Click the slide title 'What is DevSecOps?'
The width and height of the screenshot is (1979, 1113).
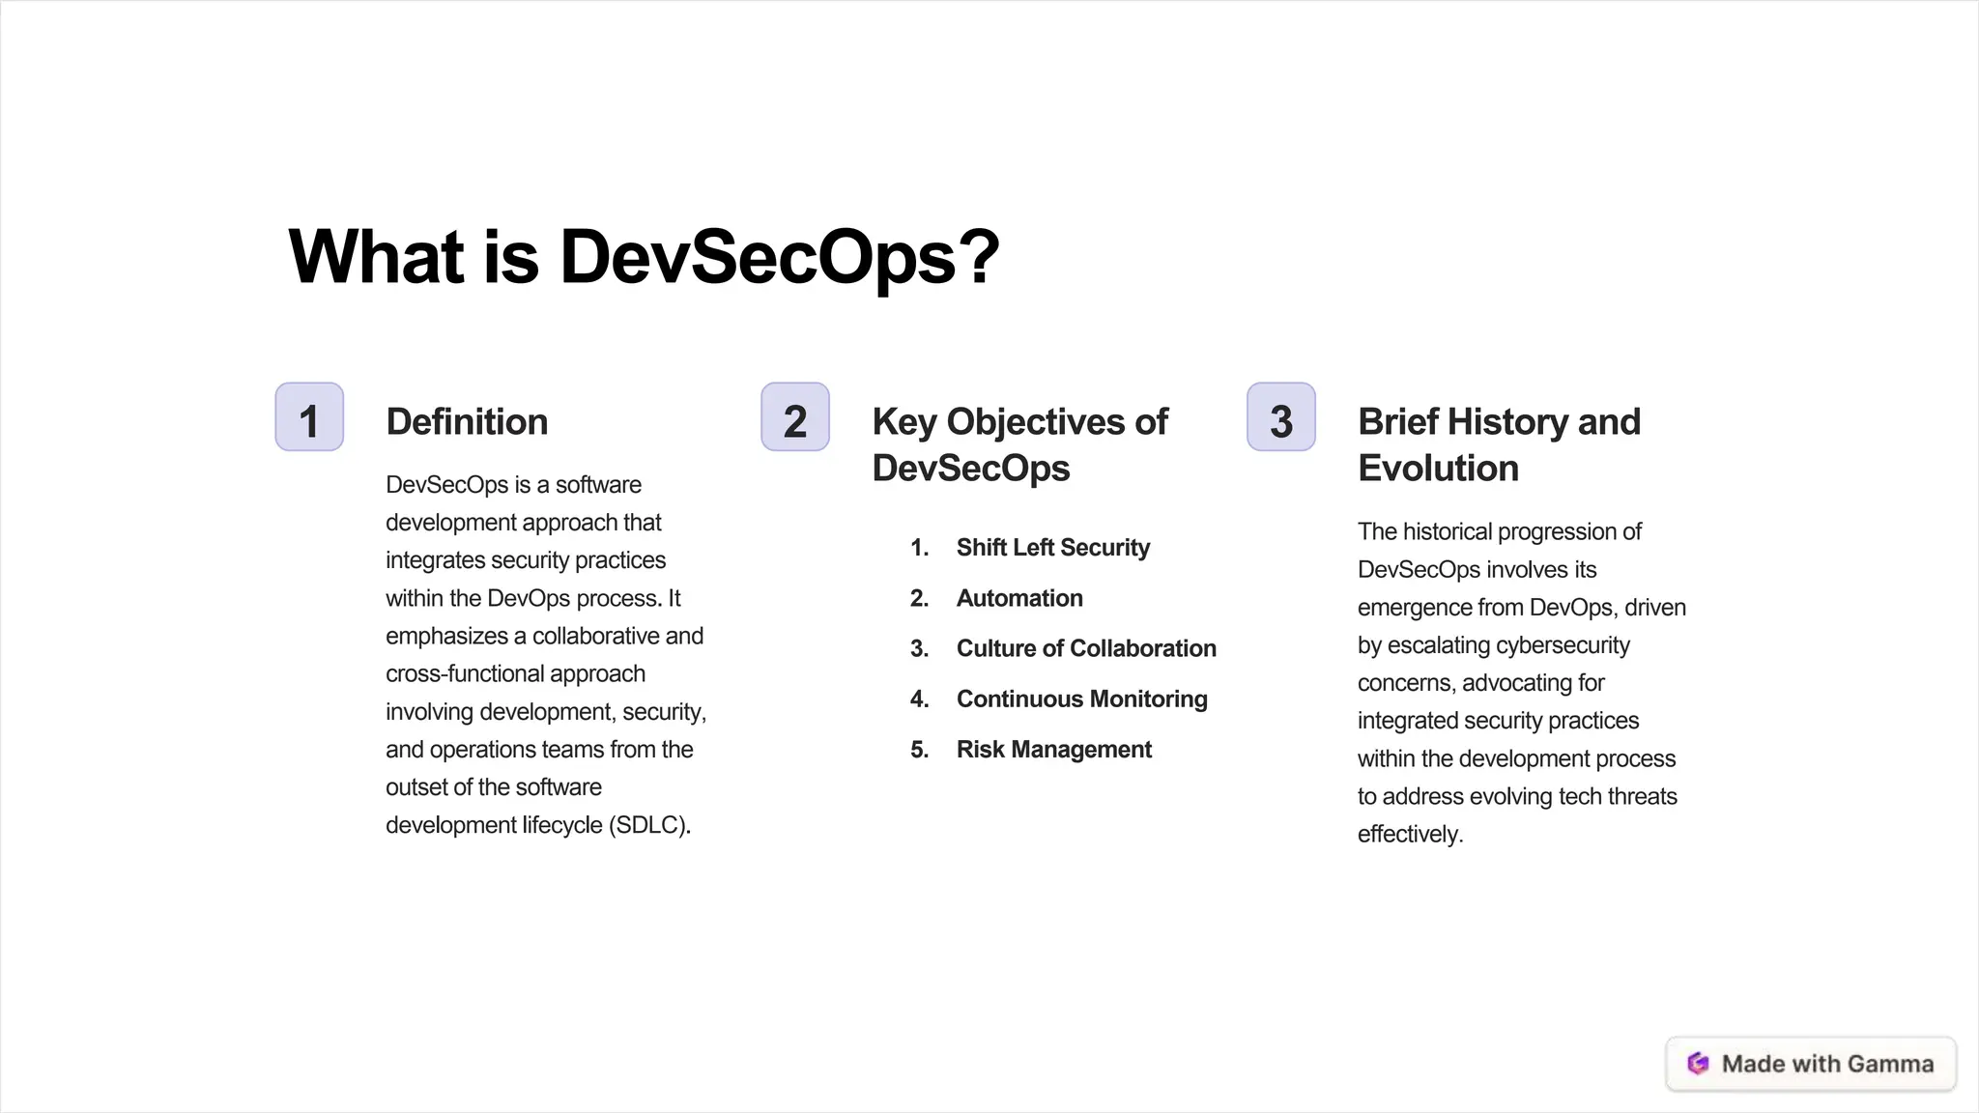coord(644,257)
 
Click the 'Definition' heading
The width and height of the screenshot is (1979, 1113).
coord(467,422)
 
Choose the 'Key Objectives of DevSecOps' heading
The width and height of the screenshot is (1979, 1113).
coord(1019,444)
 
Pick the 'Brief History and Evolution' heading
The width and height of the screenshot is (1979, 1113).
coord(1499,444)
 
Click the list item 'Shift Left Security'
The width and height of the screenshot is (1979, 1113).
coord(1053,548)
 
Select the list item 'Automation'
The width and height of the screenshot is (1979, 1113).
coord(1019,598)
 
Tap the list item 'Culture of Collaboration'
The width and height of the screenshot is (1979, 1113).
coord(1086,648)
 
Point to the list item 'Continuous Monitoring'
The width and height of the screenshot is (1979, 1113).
coord(1081,699)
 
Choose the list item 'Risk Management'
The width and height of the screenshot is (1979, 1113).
coord(1054,750)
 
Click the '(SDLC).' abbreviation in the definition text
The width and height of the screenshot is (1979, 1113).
coord(649,825)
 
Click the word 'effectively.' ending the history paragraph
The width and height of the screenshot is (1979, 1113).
coord(1410,835)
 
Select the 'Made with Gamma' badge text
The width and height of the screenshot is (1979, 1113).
coord(1827,1064)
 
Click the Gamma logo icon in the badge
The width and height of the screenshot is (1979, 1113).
coord(1698,1064)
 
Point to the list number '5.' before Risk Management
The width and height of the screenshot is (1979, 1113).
coord(919,750)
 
